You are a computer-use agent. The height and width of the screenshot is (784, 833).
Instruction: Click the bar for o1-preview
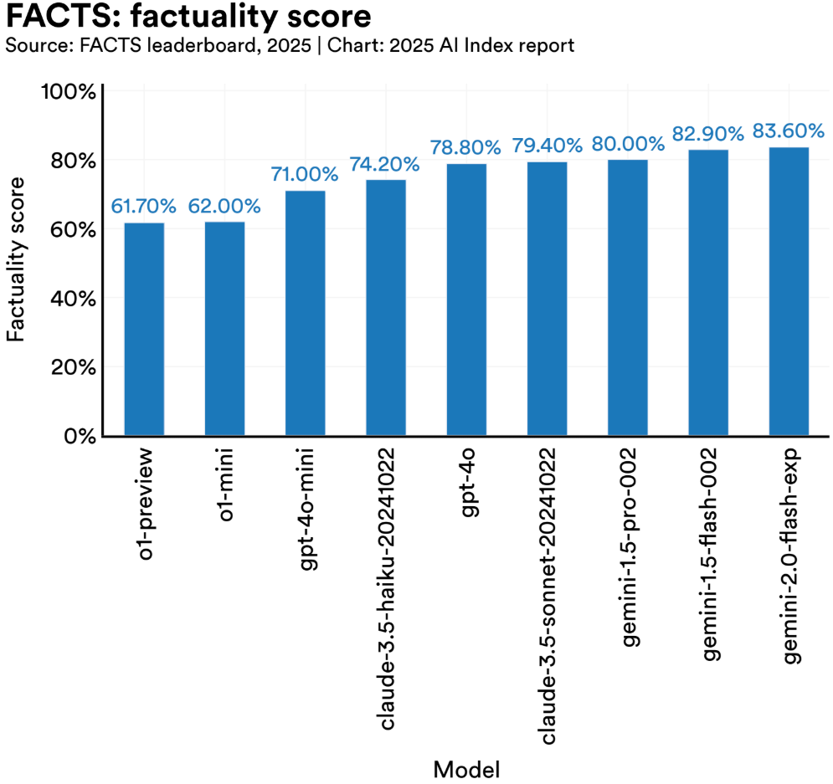(144, 330)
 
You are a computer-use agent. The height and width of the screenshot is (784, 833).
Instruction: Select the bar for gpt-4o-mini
(305, 314)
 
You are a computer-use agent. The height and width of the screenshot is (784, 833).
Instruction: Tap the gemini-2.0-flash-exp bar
(789, 292)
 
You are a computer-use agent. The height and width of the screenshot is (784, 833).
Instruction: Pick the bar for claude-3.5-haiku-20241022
(386, 308)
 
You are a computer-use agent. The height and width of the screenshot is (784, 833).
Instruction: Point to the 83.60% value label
(789, 131)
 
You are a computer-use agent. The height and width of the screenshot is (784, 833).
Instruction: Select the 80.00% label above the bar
(627, 144)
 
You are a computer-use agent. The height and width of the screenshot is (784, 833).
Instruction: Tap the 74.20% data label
(386, 164)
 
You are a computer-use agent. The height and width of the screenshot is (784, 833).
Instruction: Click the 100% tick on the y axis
(69, 91)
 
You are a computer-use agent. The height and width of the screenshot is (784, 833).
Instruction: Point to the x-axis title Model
(466, 767)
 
